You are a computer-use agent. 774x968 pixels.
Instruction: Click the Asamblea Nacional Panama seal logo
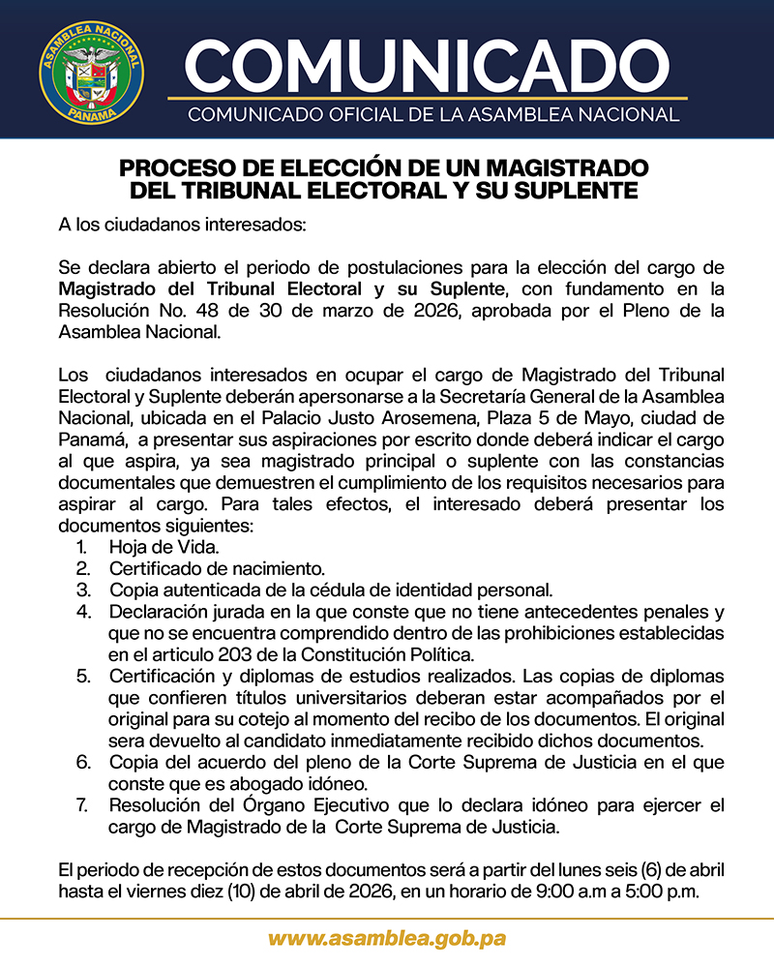pyautogui.click(x=91, y=69)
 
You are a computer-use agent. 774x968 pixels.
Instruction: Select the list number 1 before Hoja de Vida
pyautogui.click(x=81, y=548)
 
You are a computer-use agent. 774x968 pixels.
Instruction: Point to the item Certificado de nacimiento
pyautogui.click(x=217, y=568)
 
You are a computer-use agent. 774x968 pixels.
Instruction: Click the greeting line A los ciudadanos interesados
pyautogui.click(x=182, y=227)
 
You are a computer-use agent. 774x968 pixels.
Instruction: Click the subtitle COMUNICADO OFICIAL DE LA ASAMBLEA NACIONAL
pyautogui.click(x=433, y=115)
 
